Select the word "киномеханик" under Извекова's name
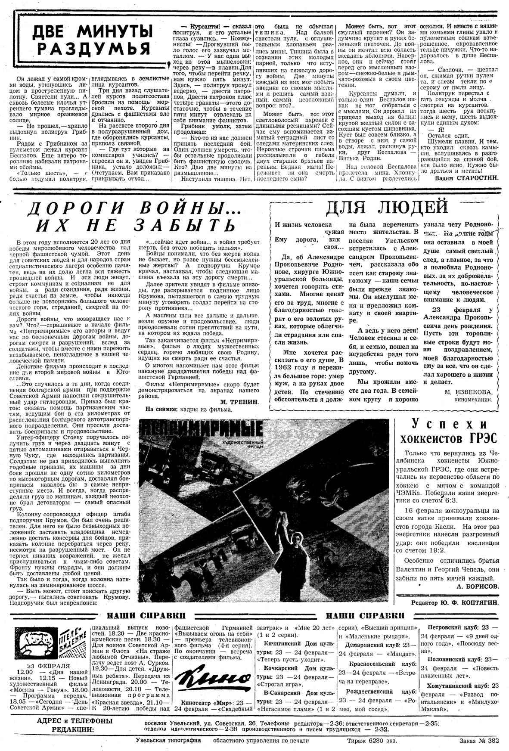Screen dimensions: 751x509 [x=474, y=400]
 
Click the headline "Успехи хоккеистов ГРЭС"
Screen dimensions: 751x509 [x=449, y=432]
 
